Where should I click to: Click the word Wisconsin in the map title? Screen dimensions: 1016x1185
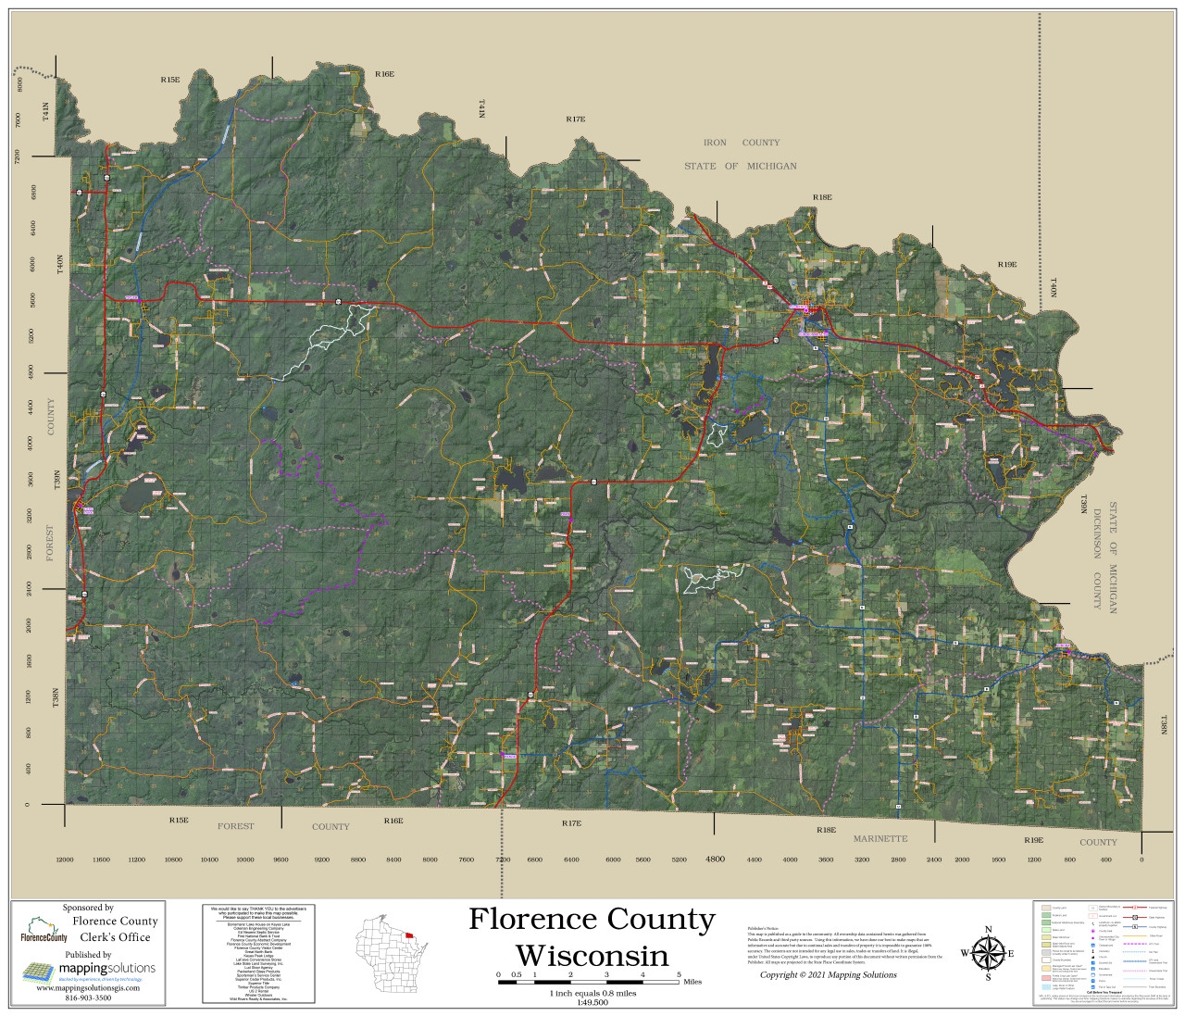(x=592, y=955)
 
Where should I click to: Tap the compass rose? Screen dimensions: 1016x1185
(x=988, y=952)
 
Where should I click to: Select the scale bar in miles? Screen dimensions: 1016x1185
(x=589, y=980)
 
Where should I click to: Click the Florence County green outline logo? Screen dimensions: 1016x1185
(x=44, y=929)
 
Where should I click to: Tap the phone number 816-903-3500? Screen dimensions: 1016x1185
(x=88, y=998)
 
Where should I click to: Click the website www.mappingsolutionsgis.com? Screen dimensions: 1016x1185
(x=88, y=988)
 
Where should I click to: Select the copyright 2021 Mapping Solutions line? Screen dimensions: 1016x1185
(x=828, y=974)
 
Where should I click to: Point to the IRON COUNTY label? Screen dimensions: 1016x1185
(x=741, y=143)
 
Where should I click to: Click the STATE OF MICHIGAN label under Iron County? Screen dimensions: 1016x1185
(x=740, y=166)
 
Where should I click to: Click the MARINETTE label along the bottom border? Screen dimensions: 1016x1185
(x=879, y=838)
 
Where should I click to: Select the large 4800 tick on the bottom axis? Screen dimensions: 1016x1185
(x=715, y=859)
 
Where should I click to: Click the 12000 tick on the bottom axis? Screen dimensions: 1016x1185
(x=64, y=859)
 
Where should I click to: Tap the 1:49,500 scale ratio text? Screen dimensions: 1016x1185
(x=592, y=1002)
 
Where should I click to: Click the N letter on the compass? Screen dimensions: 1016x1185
(x=988, y=929)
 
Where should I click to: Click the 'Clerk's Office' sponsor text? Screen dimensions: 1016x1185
(x=115, y=936)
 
